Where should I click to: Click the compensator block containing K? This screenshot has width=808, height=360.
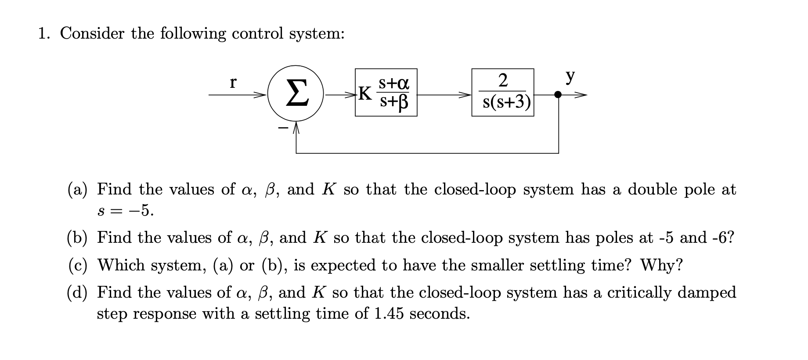[386, 93]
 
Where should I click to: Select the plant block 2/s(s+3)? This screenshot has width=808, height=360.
[503, 93]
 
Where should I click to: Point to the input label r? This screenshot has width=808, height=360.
[233, 82]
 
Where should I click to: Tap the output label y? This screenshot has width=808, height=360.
[570, 77]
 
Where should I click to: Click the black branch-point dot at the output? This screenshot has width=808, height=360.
[558, 94]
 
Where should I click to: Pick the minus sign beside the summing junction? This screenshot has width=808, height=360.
[283, 128]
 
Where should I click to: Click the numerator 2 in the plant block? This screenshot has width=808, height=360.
[503, 80]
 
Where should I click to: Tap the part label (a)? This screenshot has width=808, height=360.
[77, 190]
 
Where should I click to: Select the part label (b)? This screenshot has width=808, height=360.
[77, 238]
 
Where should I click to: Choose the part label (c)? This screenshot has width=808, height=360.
[77, 265]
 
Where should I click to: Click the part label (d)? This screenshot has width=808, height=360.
[77, 292]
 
